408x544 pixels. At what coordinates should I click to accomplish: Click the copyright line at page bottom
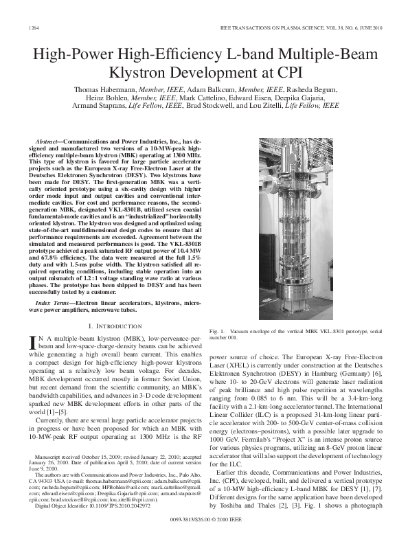point(204,525)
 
